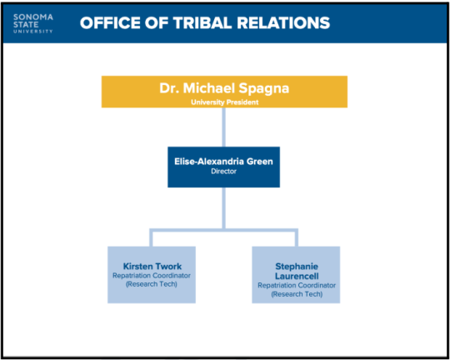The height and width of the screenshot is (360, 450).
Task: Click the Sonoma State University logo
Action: click(x=33, y=22)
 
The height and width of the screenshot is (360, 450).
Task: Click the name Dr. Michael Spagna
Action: click(x=222, y=88)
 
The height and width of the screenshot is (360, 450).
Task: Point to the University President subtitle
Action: click(x=222, y=101)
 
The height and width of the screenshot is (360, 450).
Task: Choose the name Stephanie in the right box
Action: click(x=296, y=266)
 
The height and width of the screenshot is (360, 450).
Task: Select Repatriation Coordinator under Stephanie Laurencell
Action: click(x=296, y=285)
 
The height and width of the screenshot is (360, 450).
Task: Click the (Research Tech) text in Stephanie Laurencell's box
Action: click(x=296, y=294)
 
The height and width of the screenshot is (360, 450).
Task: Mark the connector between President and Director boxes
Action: click(x=222, y=127)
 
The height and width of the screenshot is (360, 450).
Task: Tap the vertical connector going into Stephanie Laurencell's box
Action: click(x=295, y=237)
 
